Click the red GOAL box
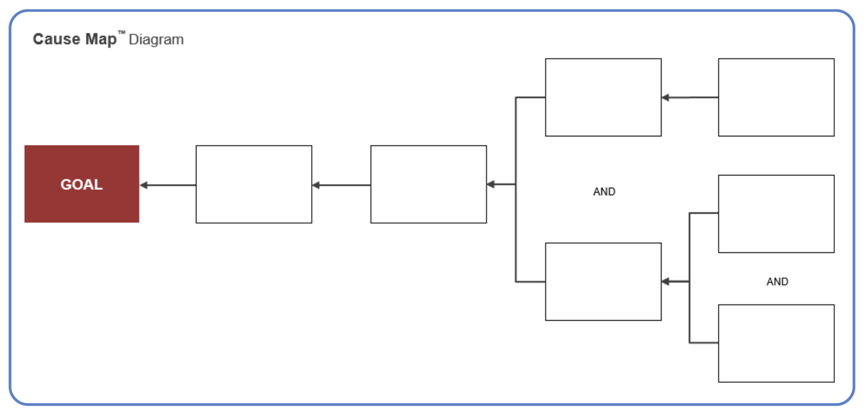82,184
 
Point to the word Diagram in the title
156,40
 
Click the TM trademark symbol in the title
122,33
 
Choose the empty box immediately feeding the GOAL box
253,184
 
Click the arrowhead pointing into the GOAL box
144,185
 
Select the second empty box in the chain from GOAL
428,184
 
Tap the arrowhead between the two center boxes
316,185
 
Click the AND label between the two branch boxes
604,191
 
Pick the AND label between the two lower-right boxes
777,282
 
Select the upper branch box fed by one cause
603,97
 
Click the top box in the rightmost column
776,97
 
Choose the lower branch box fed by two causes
603,282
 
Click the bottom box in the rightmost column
776,344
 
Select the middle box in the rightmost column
776,214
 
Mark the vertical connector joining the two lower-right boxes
689,314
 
